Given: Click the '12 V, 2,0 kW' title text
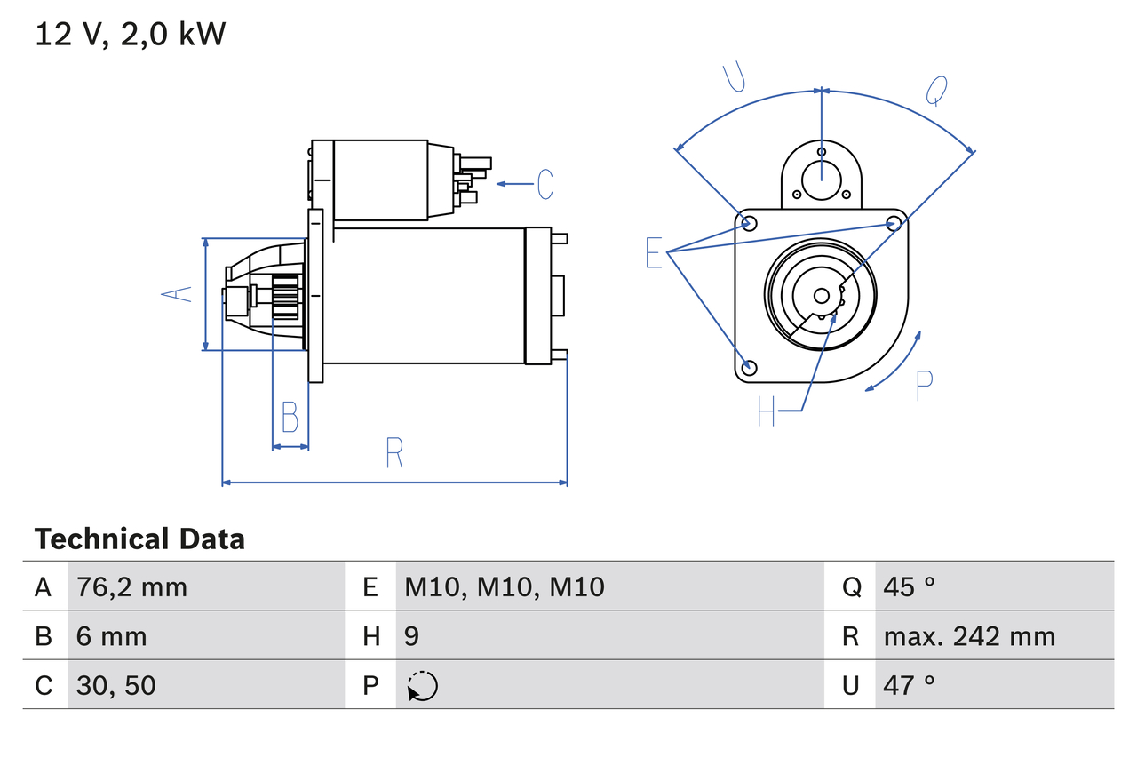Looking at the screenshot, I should click(131, 35).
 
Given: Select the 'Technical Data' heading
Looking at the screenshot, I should click(139, 539).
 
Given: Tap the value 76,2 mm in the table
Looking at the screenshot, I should click(131, 586).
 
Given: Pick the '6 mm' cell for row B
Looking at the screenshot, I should click(111, 636).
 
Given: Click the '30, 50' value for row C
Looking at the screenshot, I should click(116, 685).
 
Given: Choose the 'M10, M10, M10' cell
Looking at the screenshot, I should click(505, 586).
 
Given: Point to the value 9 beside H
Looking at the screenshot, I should click(412, 636).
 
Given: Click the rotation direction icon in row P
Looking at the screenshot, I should click(423, 686).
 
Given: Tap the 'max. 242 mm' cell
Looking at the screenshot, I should click(969, 636).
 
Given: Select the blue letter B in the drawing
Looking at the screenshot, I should click(290, 417).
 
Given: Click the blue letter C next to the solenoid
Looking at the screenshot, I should click(545, 184).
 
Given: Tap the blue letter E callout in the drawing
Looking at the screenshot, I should click(654, 253).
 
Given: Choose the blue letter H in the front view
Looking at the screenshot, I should click(767, 411).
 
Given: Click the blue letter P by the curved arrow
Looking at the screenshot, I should click(924, 385).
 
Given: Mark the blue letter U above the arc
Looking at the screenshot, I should click(734, 77).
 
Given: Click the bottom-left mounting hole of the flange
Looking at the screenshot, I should click(749, 367).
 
